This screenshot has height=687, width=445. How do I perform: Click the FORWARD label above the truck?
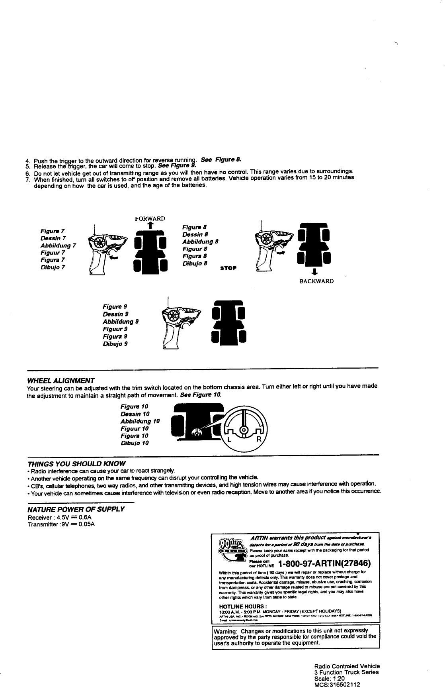pyautogui.click(x=150, y=218)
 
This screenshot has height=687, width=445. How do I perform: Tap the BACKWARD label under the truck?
pyautogui.click(x=316, y=281)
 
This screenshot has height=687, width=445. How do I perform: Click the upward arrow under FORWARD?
pyautogui.click(x=150, y=226)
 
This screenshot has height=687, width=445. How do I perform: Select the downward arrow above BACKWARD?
pyautogui.click(x=314, y=273)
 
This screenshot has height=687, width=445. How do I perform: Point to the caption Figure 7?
pyautogui.click(x=53, y=231)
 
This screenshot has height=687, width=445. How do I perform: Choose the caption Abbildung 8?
pyautogui.click(x=200, y=241)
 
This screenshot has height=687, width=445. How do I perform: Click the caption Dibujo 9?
pyautogui.click(x=115, y=343)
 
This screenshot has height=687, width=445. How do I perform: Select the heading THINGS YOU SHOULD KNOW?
pyautogui.click(x=76, y=463)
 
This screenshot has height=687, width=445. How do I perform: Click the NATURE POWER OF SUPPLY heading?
pyautogui.click(x=76, y=509)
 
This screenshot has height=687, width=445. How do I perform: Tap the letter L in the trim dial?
pyautogui.click(x=229, y=440)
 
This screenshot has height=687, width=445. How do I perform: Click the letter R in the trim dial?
pyautogui.click(x=259, y=440)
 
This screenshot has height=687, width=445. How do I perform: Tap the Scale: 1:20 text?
pyautogui.click(x=330, y=678)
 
